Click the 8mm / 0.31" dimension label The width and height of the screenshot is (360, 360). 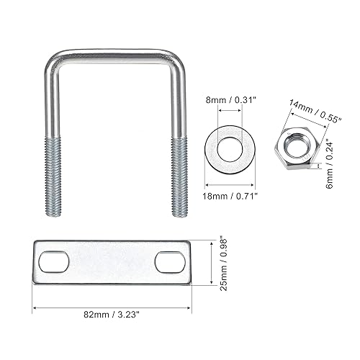click(x=230, y=100)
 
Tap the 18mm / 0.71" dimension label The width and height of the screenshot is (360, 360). click(x=230, y=197)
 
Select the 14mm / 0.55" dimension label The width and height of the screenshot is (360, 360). click(x=315, y=112)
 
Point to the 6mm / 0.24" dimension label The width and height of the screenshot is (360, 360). click(x=330, y=166)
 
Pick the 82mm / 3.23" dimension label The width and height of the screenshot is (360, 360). click(x=112, y=315)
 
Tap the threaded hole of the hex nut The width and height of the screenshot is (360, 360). click(x=296, y=145)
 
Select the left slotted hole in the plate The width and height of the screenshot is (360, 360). click(x=54, y=262)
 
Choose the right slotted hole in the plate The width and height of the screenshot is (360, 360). click(x=171, y=262)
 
